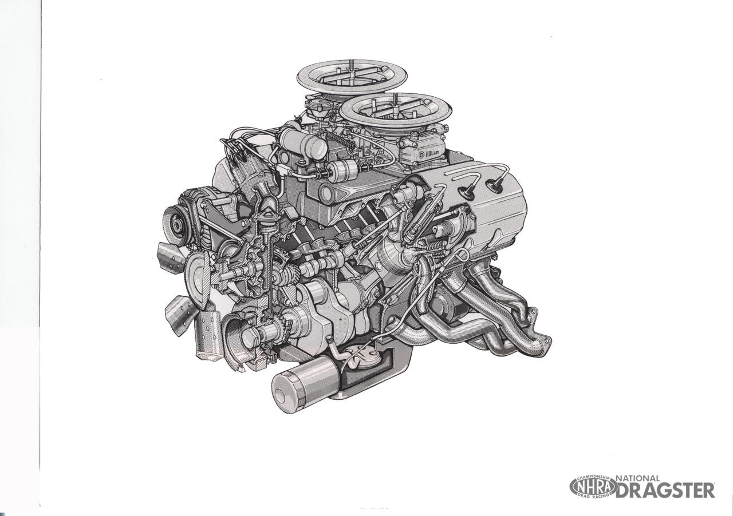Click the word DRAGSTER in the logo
point(665,490)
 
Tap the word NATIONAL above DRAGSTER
point(637,478)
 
